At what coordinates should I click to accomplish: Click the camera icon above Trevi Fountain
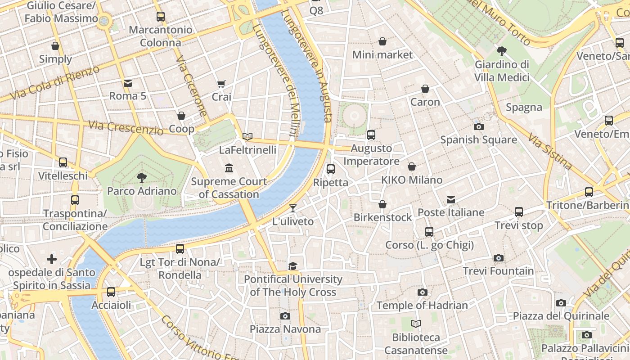coord(498,258)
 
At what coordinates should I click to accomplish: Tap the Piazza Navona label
coord(285,329)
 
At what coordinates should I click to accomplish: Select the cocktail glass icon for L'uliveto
coord(293,208)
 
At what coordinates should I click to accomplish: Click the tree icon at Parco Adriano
coord(142,178)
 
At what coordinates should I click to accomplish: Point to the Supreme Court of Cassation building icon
coord(229,168)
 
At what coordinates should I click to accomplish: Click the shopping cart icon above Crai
coord(221,84)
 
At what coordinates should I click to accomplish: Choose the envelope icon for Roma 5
coord(128,83)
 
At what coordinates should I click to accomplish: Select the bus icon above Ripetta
coord(331,169)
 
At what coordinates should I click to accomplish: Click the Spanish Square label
coord(478,139)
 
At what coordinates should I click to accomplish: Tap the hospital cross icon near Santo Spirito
coord(52,259)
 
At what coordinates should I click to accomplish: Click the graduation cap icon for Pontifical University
coord(293,266)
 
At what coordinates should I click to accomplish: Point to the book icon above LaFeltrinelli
coord(247,136)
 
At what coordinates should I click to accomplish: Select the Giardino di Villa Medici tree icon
coord(502,51)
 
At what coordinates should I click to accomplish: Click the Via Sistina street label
coord(549,151)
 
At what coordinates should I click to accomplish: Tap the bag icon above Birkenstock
coord(382,204)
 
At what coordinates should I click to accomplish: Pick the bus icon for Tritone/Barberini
coord(589,192)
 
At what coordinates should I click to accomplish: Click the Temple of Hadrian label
coord(422,305)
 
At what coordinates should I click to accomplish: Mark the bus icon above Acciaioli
coord(111,292)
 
